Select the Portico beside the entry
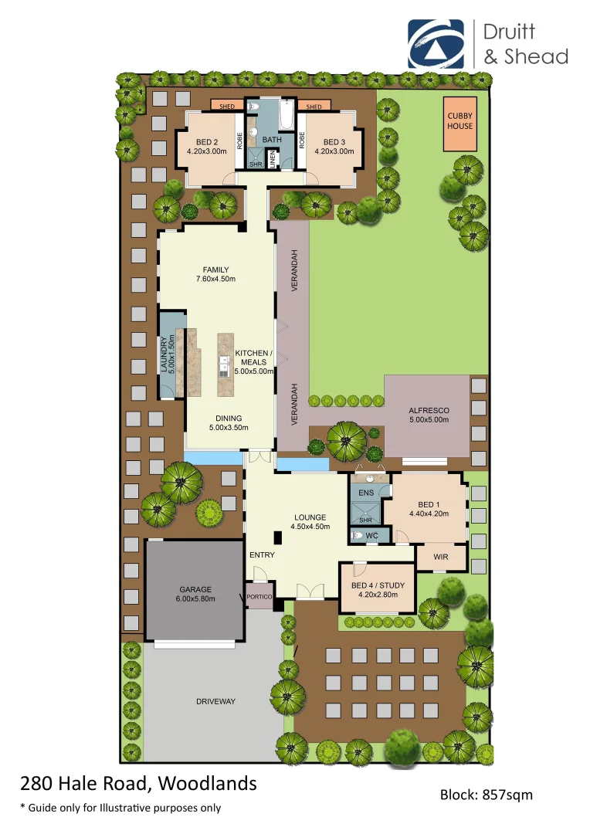(x=259, y=597)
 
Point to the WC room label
(x=371, y=535)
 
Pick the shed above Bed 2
(x=227, y=107)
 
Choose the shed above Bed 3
(x=314, y=107)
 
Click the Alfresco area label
(x=429, y=410)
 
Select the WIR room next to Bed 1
(x=440, y=554)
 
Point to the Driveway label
(x=215, y=701)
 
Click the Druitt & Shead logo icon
(x=436, y=44)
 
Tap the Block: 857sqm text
(x=486, y=794)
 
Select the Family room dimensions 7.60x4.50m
(x=215, y=280)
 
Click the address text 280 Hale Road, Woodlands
(x=138, y=784)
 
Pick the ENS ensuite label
(x=366, y=492)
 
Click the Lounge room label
(x=310, y=517)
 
